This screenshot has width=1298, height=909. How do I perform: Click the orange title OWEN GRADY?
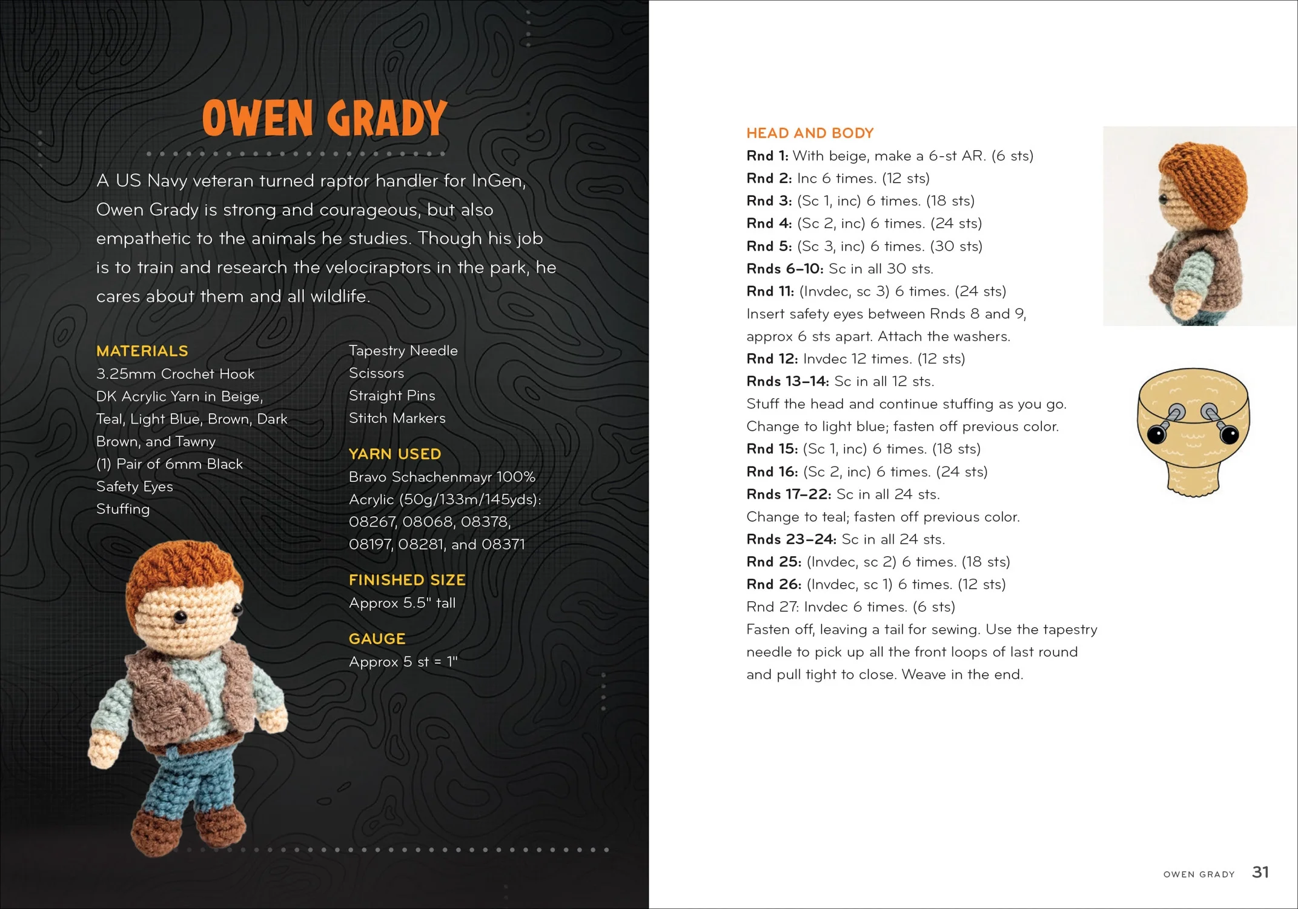(325, 118)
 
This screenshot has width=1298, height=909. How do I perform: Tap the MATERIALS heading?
(142, 351)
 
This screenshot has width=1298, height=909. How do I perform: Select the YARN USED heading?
(394, 454)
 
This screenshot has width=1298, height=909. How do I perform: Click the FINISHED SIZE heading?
(407, 580)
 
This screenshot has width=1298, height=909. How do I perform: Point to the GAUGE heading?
(377, 639)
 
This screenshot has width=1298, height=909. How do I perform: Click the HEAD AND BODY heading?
(810, 133)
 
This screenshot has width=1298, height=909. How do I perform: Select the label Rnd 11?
(770, 291)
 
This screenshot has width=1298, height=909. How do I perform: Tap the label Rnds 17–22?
(788, 494)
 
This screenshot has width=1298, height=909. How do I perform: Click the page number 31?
(1260, 872)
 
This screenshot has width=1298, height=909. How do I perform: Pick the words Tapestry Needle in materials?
(403, 351)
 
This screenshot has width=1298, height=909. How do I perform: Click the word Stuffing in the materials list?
(123, 509)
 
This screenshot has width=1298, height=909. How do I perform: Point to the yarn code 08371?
(503, 544)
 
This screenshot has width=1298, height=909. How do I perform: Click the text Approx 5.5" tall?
(402, 603)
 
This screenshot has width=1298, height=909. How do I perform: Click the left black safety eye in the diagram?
(1156, 434)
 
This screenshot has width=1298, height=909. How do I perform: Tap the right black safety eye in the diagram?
(1229, 434)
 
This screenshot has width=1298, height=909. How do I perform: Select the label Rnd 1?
(767, 156)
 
